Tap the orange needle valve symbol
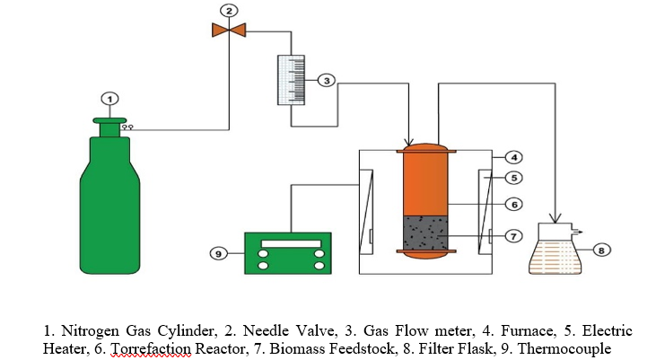click(x=230, y=30)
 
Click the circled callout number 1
click(x=109, y=98)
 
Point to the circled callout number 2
click(x=230, y=11)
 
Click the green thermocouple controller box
click(x=287, y=253)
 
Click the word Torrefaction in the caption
click(x=147, y=347)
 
